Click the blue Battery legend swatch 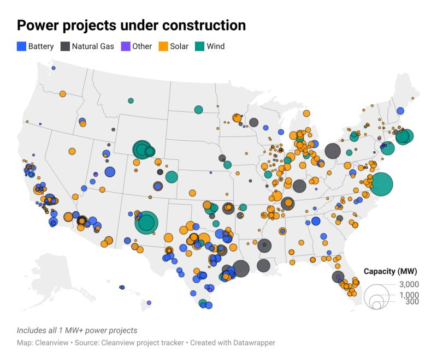click(22, 46)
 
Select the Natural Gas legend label click(93, 46)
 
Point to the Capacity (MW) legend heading click(391, 272)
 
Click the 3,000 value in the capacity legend click(409, 284)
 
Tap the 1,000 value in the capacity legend click(409, 295)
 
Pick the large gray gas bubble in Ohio click(333, 151)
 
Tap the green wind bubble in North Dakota click(198, 110)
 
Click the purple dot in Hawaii click(149, 302)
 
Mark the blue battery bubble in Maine click(400, 111)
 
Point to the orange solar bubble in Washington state click(62, 93)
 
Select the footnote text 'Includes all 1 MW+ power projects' click(77, 330)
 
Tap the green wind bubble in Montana click(131, 100)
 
